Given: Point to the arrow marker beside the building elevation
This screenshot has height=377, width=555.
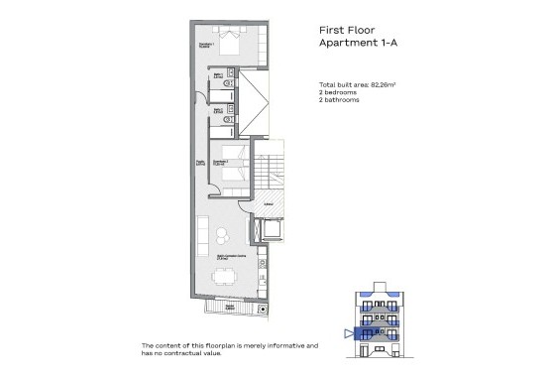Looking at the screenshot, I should [346, 333].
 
